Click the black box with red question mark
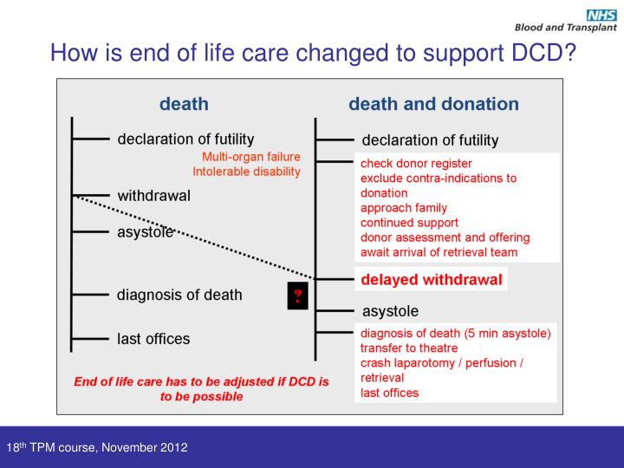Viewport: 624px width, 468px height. coord(297,296)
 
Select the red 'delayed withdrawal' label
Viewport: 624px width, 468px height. coord(431,279)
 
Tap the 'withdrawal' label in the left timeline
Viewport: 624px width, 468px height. coord(153,196)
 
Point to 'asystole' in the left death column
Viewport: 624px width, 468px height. coord(146,231)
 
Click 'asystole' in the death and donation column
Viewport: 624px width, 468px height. coord(389,310)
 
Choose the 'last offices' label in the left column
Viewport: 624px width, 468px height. coord(153,339)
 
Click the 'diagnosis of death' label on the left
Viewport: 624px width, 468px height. coord(179,295)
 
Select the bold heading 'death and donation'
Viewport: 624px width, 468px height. coord(433,104)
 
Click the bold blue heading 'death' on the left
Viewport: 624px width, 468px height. coord(184,104)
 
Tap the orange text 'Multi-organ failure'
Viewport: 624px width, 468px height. coord(250,156)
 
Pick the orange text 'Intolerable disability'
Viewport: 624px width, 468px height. coord(246,172)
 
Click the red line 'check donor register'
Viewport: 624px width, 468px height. coord(416,163)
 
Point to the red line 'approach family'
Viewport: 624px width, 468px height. coord(403,208)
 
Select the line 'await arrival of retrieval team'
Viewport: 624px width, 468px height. coord(439,252)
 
